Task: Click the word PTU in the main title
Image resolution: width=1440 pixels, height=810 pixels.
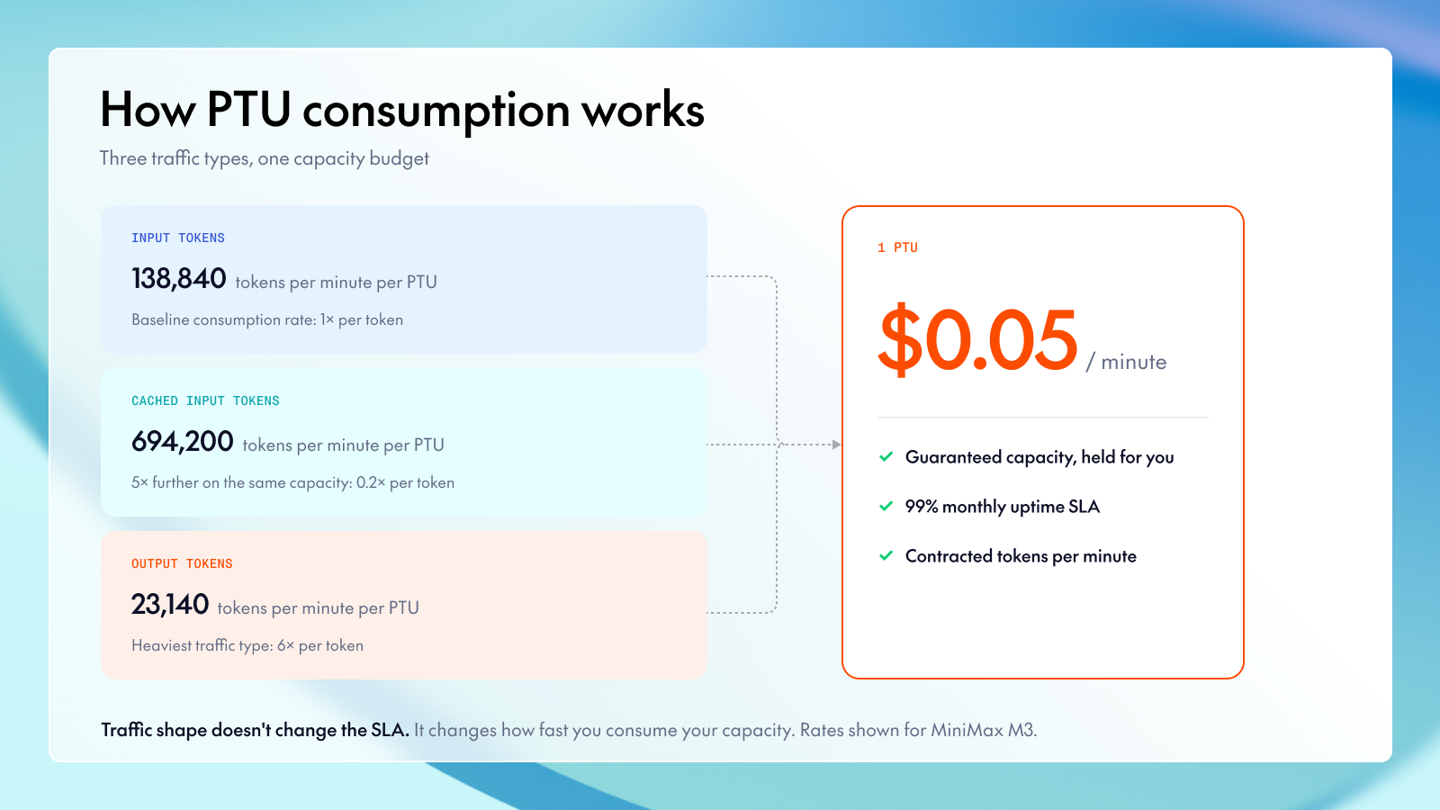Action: (x=248, y=109)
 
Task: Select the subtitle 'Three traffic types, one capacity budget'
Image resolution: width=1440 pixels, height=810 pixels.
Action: (x=265, y=158)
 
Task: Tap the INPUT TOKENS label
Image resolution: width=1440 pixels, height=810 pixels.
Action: (x=178, y=238)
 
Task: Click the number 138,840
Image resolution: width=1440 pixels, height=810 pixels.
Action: (x=179, y=279)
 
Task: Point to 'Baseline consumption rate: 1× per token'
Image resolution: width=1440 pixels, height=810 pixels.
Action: (x=267, y=319)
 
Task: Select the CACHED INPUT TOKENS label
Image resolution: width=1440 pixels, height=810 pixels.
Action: (x=205, y=401)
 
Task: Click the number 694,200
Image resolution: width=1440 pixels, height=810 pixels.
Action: (x=182, y=442)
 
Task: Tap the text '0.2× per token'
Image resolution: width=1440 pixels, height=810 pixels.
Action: (x=405, y=482)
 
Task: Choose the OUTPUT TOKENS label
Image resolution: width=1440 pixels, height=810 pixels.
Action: (x=182, y=563)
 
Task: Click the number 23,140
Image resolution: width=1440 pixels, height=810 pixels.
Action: (x=170, y=605)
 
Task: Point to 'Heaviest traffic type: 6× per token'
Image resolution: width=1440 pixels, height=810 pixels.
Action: (x=247, y=645)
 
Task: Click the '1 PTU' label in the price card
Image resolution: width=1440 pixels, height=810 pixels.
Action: (x=897, y=247)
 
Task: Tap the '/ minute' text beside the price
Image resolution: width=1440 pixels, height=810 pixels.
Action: (x=1126, y=362)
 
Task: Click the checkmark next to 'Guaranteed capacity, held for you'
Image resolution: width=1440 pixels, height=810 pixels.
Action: (x=886, y=456)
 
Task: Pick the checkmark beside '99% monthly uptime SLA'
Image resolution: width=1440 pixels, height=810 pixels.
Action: (x=886, y=506)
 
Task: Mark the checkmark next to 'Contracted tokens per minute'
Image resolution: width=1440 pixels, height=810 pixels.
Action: (x=886, y=555)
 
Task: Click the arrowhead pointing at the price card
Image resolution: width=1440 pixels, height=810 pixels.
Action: (x=836, y=445)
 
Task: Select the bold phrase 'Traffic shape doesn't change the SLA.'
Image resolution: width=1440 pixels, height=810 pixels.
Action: (x=256, y=730)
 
